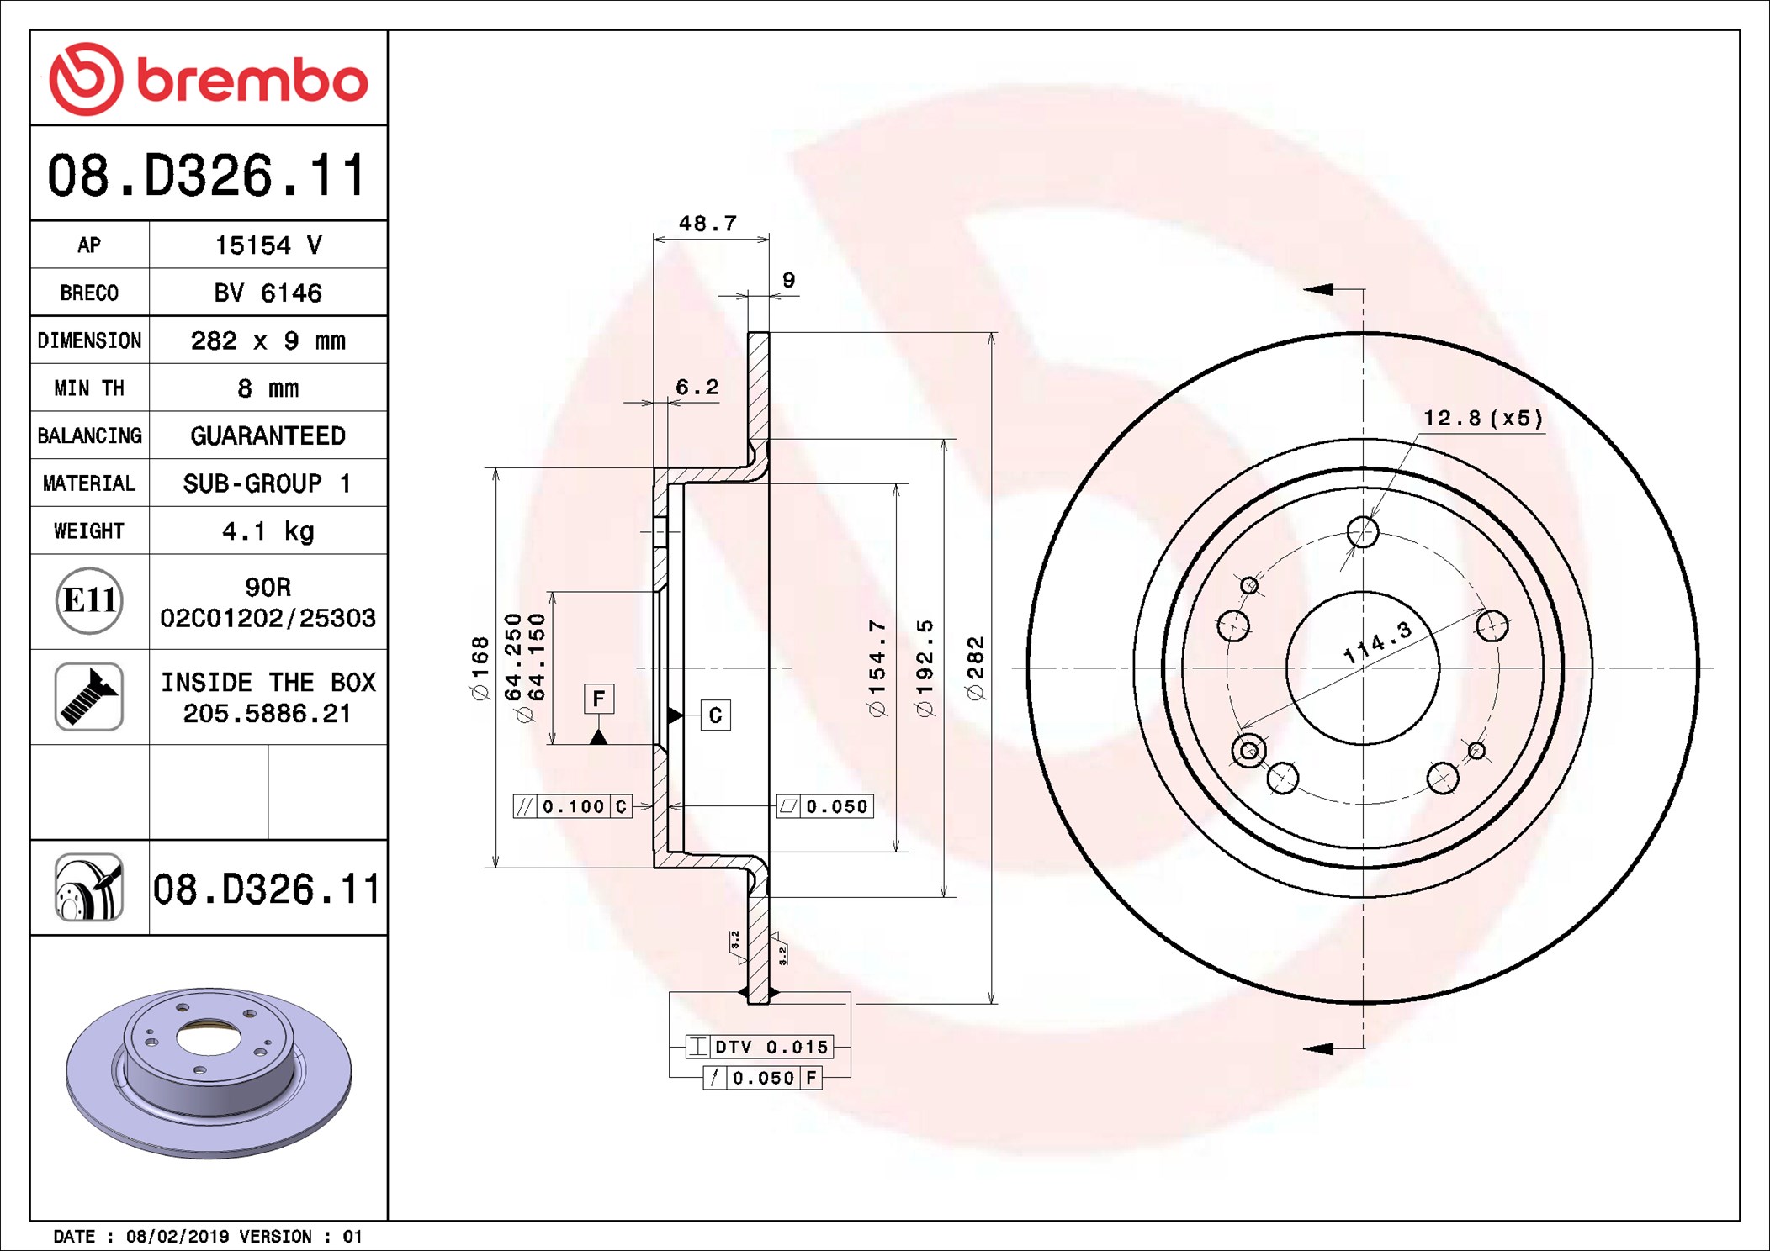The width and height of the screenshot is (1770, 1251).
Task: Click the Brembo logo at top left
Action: point(209,79)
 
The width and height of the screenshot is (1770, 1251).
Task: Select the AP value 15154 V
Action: point(268,245)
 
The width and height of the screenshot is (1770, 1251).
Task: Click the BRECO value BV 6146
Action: point(268,293)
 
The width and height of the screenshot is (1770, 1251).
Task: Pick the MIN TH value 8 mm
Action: point(268,388)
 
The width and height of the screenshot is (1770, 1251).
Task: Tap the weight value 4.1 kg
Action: point(268,531)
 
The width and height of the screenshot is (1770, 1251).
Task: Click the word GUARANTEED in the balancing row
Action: point(268,435)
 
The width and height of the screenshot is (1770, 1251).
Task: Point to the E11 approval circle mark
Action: point(89,600)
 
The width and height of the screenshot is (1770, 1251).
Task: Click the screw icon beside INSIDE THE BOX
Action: point(89,696)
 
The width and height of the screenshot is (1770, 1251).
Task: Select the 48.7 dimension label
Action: point(707,224)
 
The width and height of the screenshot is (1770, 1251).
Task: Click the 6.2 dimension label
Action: point(697,387)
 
